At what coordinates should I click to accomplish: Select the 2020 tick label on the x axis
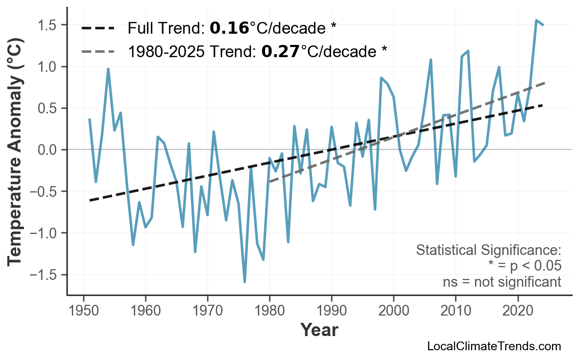pyautogui.click(x=517, y=311)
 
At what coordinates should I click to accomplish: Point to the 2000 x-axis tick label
pyautogui.click(x=393, y=311)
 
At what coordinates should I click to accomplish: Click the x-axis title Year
pyautogui.click(x=319, y=330)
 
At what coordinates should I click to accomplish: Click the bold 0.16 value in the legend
pyautogui.click(x=229, y=28)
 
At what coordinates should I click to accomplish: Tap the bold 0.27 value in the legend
pyautogui.click(x=280, y=51)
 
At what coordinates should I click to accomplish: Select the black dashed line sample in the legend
pyautogui.click(x=98, y=28)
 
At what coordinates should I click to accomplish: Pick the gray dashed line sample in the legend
pyautogui.click(x=98, y=51)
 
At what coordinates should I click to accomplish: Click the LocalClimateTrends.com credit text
pyautogui.click(x=494, y=346)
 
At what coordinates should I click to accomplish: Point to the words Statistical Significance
pyautogui.click(x=488, y=251)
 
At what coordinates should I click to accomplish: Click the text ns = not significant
pyautogui.click(x=502, y=282)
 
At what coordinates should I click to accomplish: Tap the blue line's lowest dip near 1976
pyautogui.click(x=245, y=282)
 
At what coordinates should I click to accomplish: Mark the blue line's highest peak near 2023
pyautogui.click(x=536, y=21)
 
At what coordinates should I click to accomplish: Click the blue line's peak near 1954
pyautogui.click(x=108, y=69)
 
